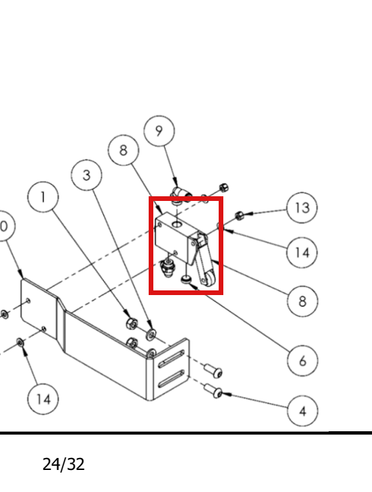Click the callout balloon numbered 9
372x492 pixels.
[x=159, y=131]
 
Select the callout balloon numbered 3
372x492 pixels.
[x=87, y=175]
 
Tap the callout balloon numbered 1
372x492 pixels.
[x=43, y=197]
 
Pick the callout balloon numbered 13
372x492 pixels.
[x=302, y=208]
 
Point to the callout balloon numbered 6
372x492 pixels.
[x=303, y=360]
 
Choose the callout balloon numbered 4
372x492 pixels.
[x=303, y=411]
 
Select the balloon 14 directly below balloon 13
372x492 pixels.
[x=302, y=252]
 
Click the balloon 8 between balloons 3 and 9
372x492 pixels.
[x=123, y=150]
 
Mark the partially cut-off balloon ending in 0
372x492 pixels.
[x=4, y=226]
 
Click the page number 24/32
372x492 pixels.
[x=63, y=465]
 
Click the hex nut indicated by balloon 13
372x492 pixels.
[x=239, y=216]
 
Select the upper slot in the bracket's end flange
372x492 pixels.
[x=171, y=359]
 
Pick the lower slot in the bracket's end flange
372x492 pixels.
[x=171, y=379]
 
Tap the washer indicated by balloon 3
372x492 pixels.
[x=151, y=334]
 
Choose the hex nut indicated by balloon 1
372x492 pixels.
[x=132, y=323]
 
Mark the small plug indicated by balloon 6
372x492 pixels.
[x=186, y=279]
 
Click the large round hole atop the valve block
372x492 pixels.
[x=177, y=224]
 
